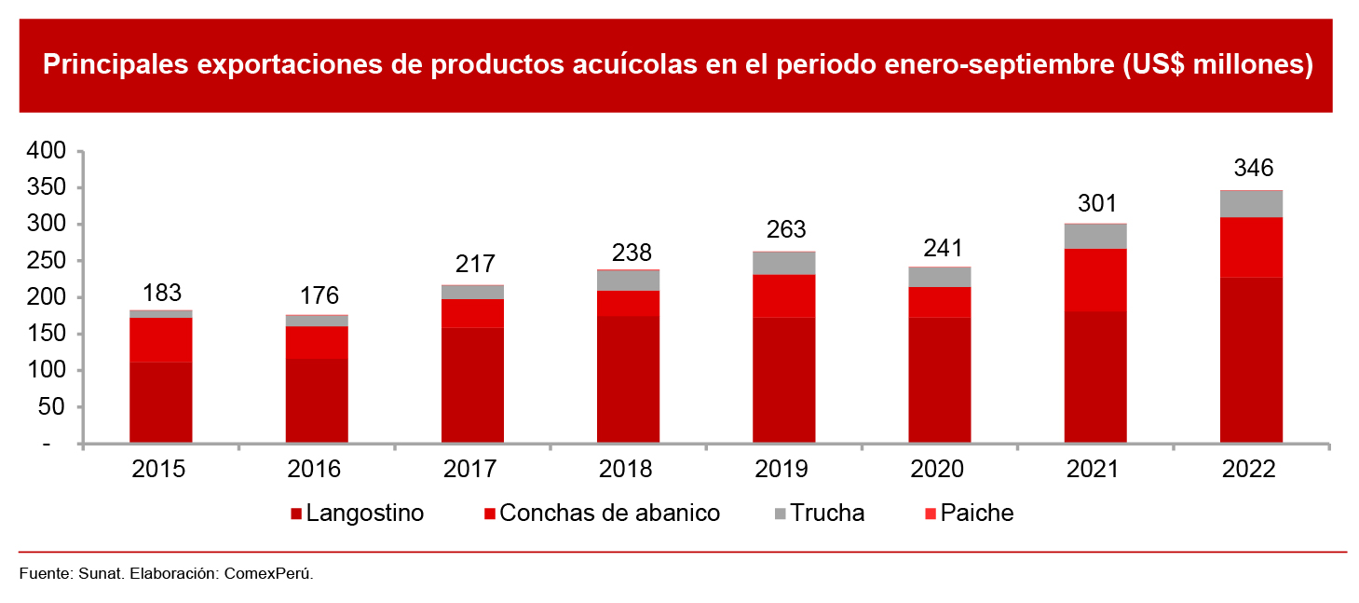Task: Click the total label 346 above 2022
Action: pyautogui.click(x=1252, y=169)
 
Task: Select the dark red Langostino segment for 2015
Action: pyautogui.click(x=161, y=402)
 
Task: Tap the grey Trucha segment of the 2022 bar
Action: pyautogui.click(x=1251, y=204)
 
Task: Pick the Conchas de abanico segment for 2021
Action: pyautogui.click(x=1095, y=280)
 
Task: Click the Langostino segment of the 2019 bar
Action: pyautogui.click(x=784, y=379)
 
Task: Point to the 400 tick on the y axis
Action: pyautogui.click(x=48, y=151)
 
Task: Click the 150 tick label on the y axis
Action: pyautogui.click(x=48, y=334)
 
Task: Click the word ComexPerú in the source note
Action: pyautogui.click(x=268, y=574)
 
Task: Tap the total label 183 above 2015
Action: pyautogui.click(x=161, y=293)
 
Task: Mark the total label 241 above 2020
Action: pyautogui.click(x=939, y=250)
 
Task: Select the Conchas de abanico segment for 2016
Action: pyautogui.click(x=317, y=343)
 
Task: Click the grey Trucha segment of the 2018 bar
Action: pyautogui.click(x=629, y=281)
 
